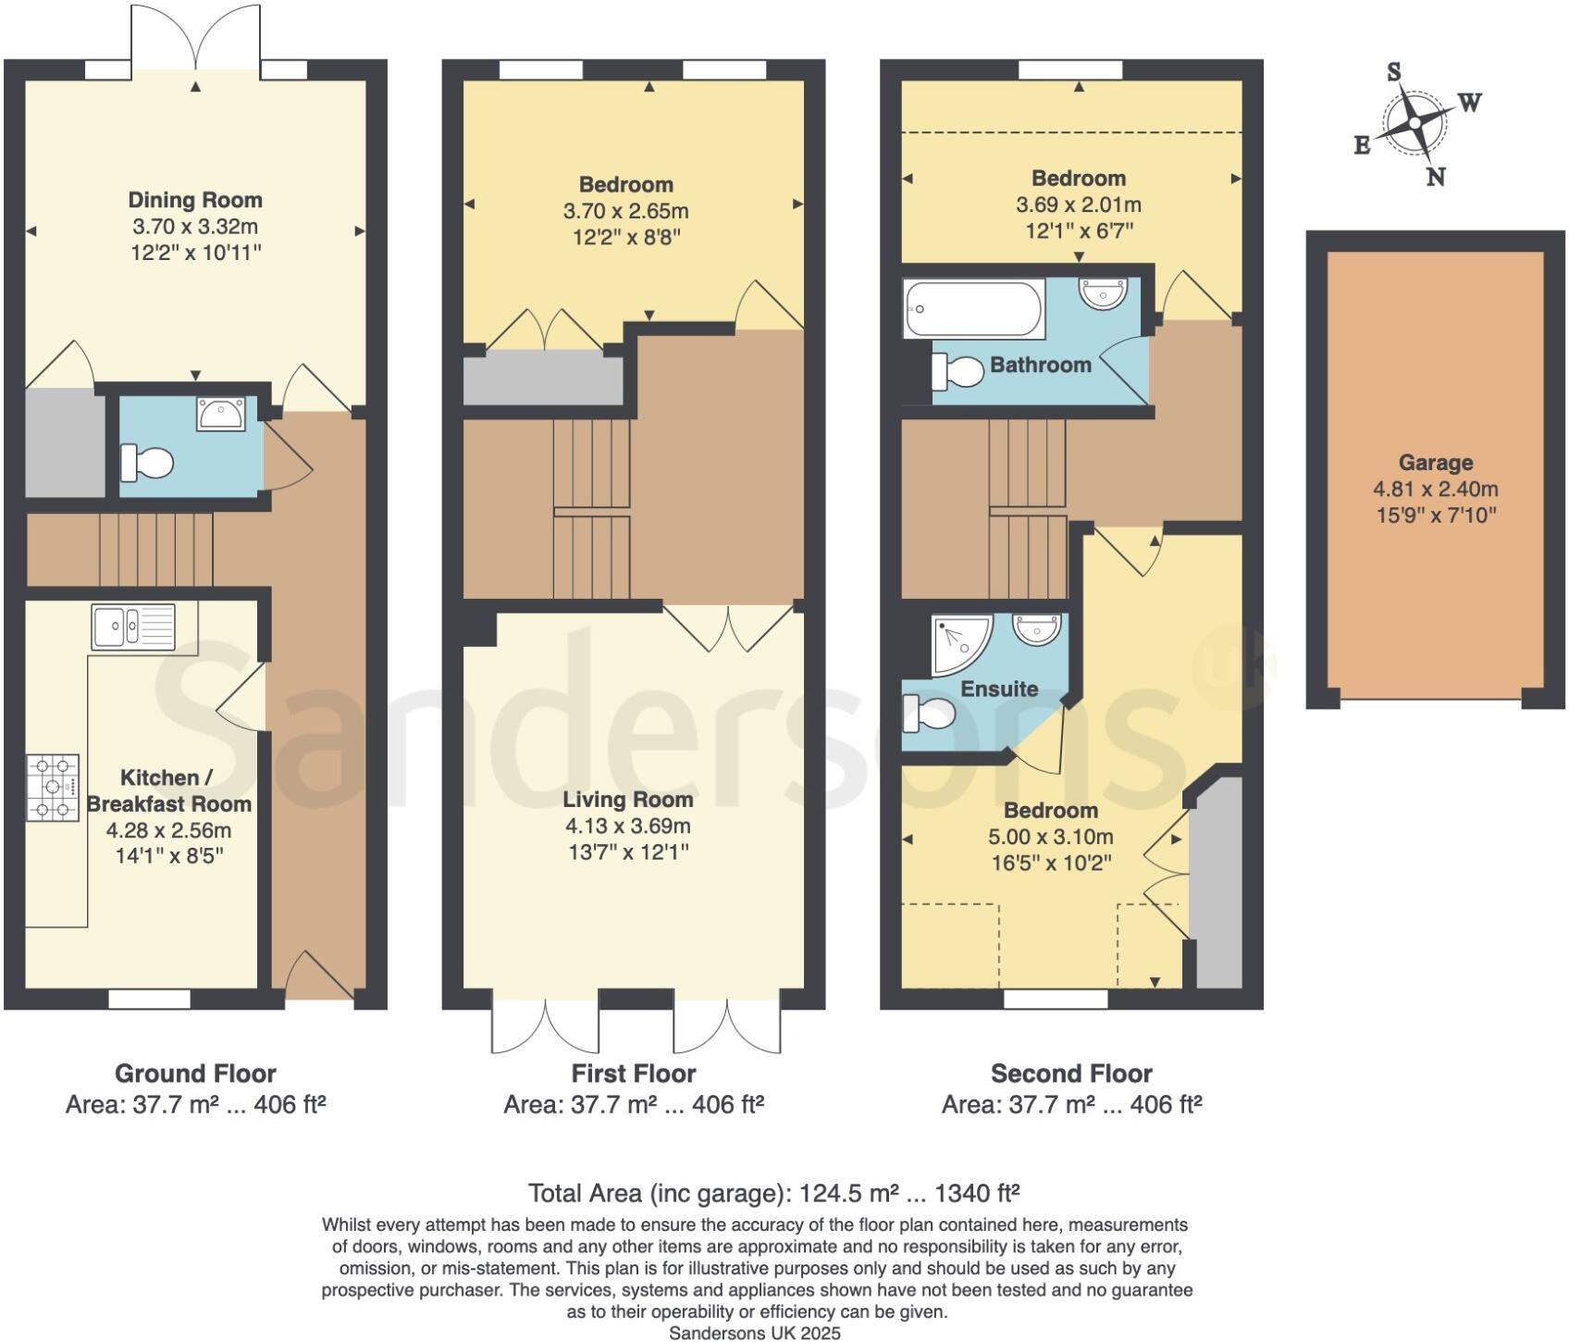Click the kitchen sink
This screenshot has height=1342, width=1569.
coord(133,627)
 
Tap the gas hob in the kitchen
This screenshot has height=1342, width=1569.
coord(53,788)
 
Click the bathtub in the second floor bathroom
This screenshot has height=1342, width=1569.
coord(973,309)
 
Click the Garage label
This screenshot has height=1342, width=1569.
coord(1435,463)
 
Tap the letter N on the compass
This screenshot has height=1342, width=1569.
coord(1435,177)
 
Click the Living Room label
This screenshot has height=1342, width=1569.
coord(627,800)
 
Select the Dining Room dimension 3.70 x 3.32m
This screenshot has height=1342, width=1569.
coord(194,226)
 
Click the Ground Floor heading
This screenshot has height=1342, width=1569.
coord(195,1074)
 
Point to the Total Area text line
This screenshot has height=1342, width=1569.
coord(773,1193)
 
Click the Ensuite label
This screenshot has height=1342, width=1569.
coord(999,689)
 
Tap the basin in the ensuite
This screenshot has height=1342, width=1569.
coord(1036,628)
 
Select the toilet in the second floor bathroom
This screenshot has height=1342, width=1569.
coord(958,372)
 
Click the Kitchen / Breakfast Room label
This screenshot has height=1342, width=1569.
coord(168,790)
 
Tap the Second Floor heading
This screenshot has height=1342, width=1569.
coord(1070,1074)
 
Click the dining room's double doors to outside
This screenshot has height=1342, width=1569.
coord(196,37)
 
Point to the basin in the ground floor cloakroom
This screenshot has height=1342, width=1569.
coord(221,414)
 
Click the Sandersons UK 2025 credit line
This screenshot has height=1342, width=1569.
coord(755,1333)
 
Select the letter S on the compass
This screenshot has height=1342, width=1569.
coord(1393,71)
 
